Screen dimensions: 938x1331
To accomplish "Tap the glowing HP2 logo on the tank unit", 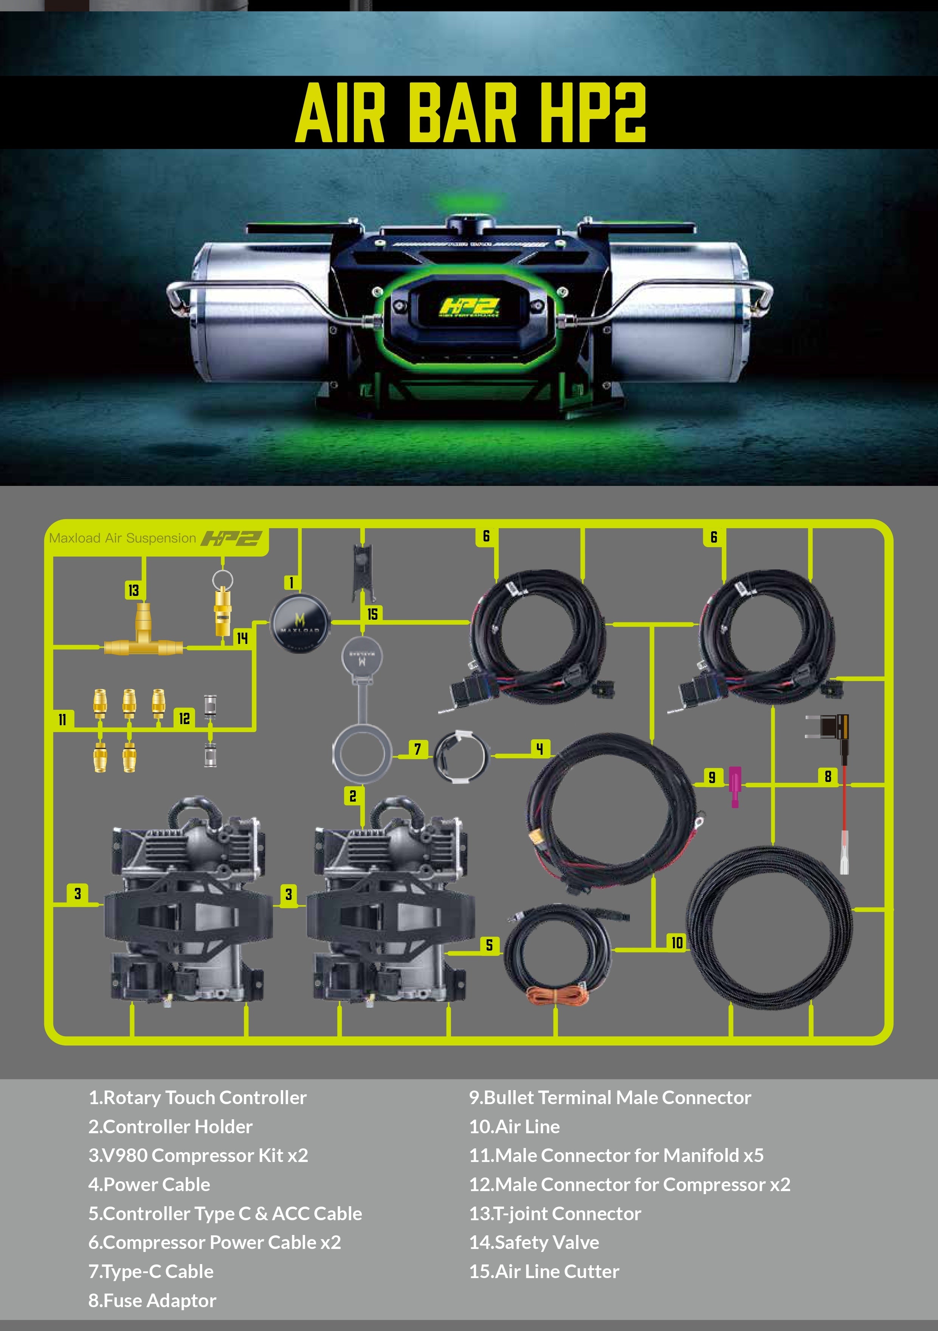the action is coord(469,307).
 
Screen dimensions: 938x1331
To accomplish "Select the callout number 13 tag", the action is coord(133,590).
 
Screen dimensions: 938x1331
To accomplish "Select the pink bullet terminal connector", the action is coord(735,786).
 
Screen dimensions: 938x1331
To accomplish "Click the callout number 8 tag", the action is coord(828,776).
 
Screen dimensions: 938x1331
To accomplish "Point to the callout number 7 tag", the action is coord(417,749).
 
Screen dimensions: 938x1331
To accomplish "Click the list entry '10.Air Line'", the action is coord(514,1126).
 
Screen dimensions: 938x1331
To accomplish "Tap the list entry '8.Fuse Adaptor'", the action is coord(152,1300).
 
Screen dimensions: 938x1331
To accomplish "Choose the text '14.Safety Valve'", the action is coord(534,1242).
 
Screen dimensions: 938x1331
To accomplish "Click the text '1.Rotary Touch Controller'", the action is coord(197,1097).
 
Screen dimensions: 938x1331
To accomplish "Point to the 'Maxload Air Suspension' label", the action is coord(122,538).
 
